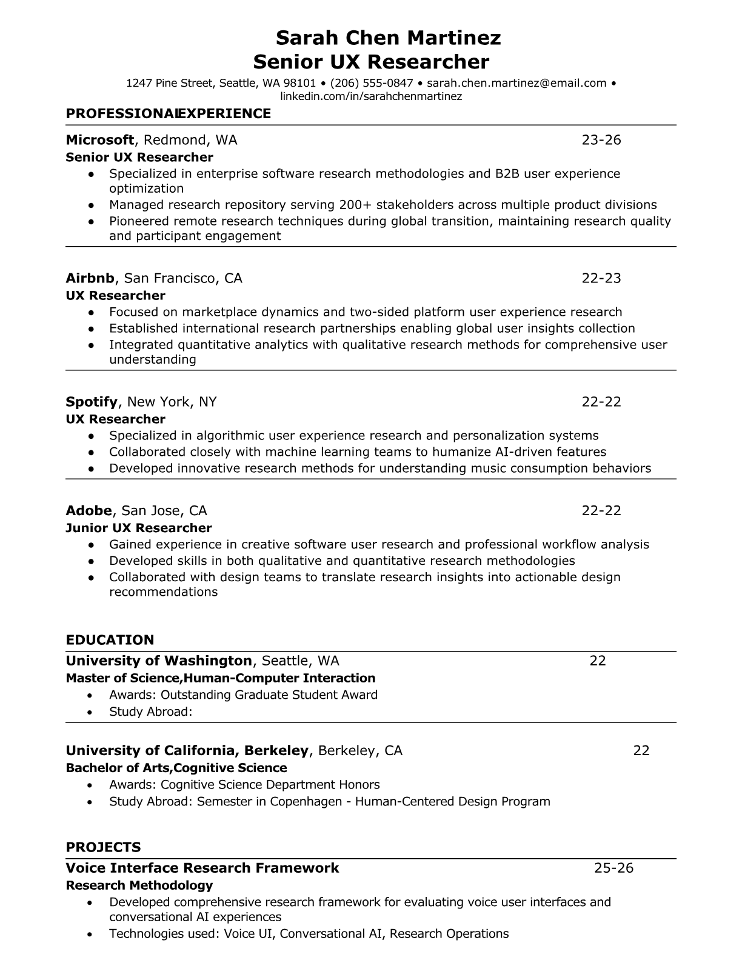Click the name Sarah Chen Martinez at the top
click(x=388, y=38)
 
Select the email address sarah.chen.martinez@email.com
click(x=516, y=83)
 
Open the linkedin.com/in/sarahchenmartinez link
click(x=371, y=96)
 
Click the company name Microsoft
click(x=99, y=140)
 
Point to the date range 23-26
click(x=601, y=140)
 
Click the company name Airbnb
click(x=90, y=278)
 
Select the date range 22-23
click(x=601, y=278)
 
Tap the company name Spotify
click(x=92, y=402)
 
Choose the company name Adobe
click(x=89, y=510)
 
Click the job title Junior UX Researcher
click(x=139, y=528)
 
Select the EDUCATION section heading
click(x=110, y=640)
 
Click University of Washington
click(x=159, y=661)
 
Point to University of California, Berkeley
click(x=187, y=751)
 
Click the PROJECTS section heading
click(x=103, y=847)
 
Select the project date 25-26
click(x=613, y=868)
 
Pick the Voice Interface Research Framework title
click(x=202, y=868)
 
